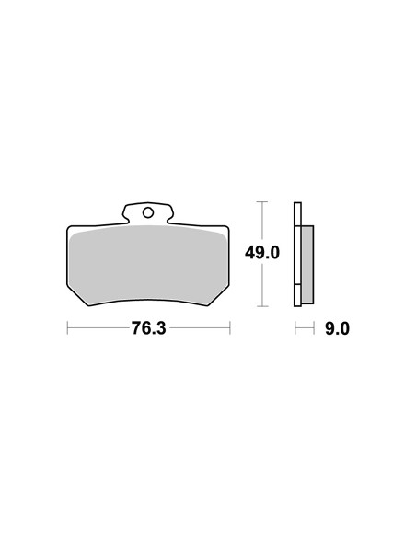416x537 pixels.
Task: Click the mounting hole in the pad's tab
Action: click(x=148, y=213)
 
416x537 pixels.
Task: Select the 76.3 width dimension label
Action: click(x=149, y=328)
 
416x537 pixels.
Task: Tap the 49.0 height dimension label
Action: click(x=262, y=253)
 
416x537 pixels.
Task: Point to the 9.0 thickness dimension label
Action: click(x=337, y=329)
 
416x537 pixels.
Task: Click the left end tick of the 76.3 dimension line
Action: click(x=67, y=327)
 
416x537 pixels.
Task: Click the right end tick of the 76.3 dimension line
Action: click(x=230, y=327)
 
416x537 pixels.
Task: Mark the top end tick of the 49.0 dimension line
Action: click(x=262, y=202)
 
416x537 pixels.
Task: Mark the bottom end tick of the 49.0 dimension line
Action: click(x=262, y=306)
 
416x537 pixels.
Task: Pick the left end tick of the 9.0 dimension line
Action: click(x=295, y=327)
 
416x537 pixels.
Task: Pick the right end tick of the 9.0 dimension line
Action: click(x=314, y=327)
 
